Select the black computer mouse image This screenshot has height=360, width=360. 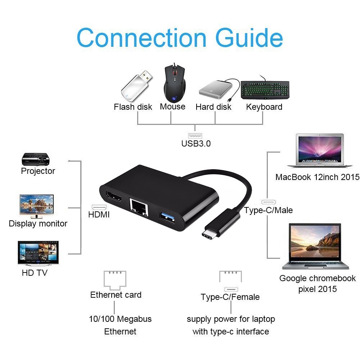tap(175, 84)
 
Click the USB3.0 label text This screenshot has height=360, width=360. tap(196, 143)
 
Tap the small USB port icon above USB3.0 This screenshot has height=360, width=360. tap(195, 136)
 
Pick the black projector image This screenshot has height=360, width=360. tap(35, 159)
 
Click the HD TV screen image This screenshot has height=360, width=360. tap(38, 253)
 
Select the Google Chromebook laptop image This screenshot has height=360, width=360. tap(316, 246)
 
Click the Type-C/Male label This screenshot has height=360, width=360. tap(268, 210)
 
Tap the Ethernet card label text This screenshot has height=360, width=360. tap(116, 295)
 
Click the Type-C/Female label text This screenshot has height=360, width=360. tap(230, 297)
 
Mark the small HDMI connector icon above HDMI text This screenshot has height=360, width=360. tap(99, 207)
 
